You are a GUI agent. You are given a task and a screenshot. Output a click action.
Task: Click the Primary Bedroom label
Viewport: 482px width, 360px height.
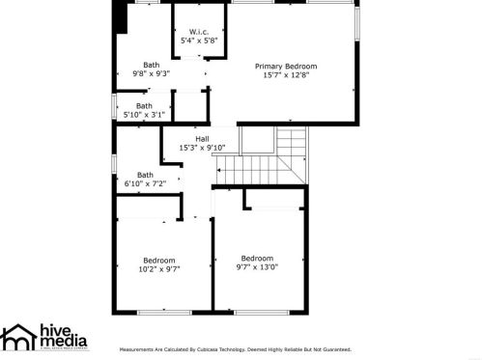(286, 66)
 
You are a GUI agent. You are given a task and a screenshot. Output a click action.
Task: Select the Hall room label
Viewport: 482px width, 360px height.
(202, 138)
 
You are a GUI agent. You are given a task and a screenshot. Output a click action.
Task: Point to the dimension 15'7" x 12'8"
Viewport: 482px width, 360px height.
(286, 75)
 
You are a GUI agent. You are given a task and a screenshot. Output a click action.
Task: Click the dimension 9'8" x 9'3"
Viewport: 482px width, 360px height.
(151, 73)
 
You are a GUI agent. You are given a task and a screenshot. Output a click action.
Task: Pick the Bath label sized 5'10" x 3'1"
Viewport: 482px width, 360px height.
(144, 105)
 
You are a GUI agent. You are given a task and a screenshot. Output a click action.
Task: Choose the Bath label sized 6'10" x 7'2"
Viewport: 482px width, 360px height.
(145, 174)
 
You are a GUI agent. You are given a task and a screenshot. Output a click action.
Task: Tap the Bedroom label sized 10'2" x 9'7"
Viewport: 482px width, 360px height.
(159, 260)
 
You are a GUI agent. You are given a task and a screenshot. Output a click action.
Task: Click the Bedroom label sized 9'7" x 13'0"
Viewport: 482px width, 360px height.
(257, 258)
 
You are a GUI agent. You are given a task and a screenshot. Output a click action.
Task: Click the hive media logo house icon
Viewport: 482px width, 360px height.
(17, 339)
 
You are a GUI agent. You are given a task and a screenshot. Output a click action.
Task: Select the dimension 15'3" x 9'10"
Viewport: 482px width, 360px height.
(201, 148)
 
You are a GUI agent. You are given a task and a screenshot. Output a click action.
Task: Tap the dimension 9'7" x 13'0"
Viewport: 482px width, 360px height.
(257, 267)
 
